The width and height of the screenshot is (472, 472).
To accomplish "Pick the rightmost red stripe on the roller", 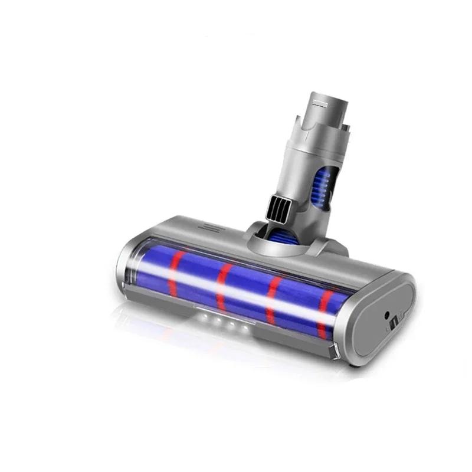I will click(323, 313).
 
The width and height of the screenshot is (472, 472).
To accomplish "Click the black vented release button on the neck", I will click(277, 206).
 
